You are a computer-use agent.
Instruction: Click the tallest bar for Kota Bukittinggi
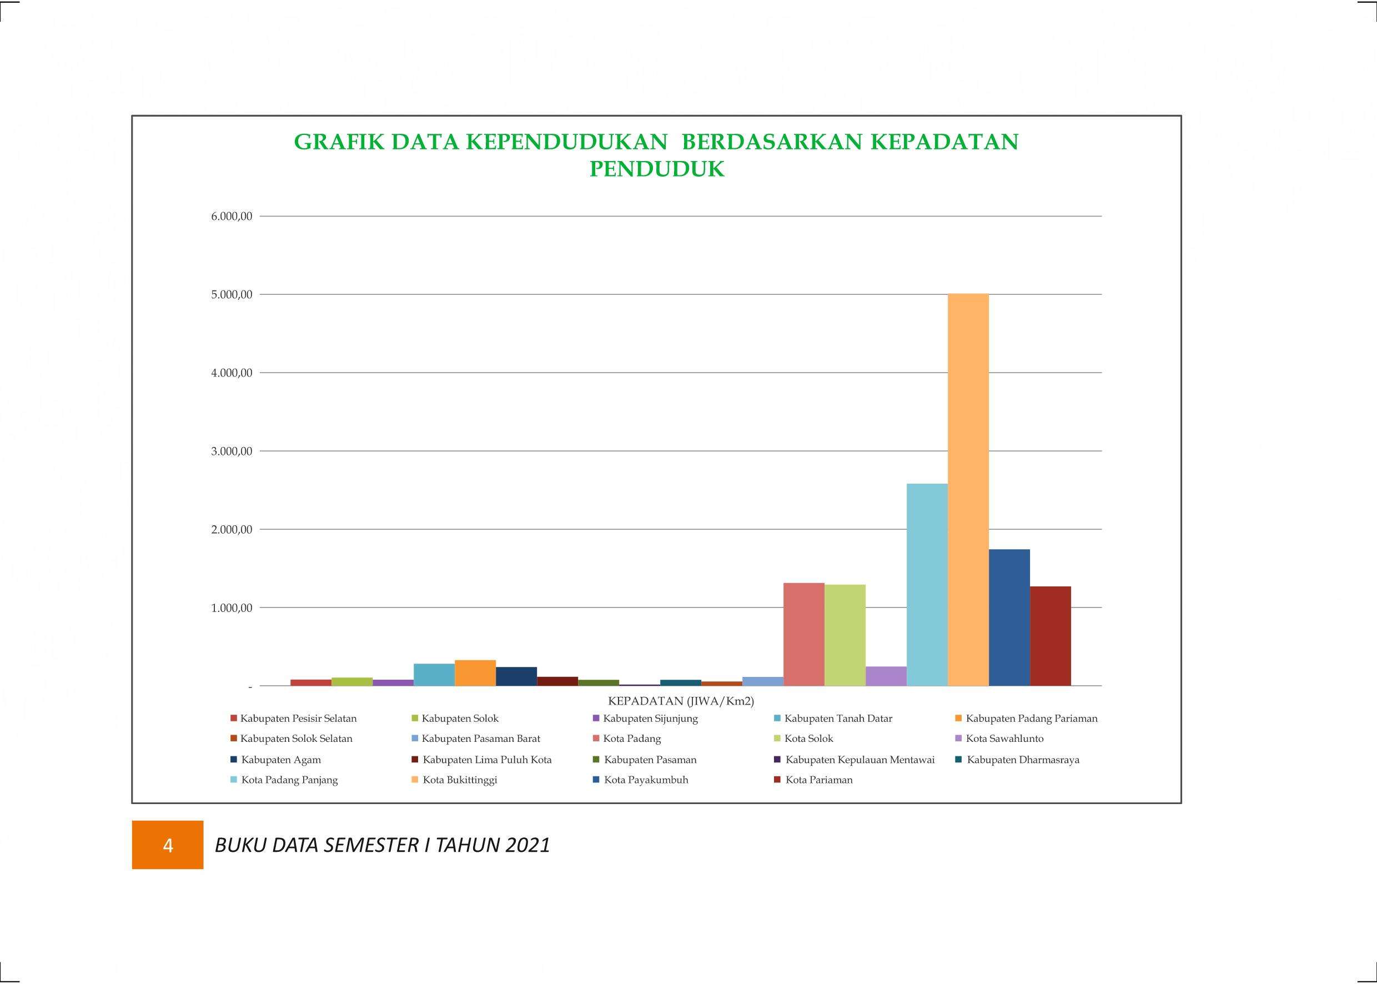click(968, 490)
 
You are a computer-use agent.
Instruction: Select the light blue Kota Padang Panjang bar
click(927, 585)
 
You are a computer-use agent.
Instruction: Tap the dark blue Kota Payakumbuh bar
click(1009, 617)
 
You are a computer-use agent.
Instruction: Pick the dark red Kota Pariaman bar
click(1051, 636)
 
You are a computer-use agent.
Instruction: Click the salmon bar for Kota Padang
click(804, 634)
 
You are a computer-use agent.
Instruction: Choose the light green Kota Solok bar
click(845, 635)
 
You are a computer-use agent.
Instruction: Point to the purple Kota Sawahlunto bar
click(886, 676)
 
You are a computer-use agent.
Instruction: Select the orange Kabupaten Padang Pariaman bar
click(475, 673)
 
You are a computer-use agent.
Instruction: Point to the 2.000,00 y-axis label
click(232, 530)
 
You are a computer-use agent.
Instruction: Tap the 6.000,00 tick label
click(232, 217)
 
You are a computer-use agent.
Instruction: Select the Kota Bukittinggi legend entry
click(454, 780)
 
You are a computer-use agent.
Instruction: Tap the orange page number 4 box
click(168, 845)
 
